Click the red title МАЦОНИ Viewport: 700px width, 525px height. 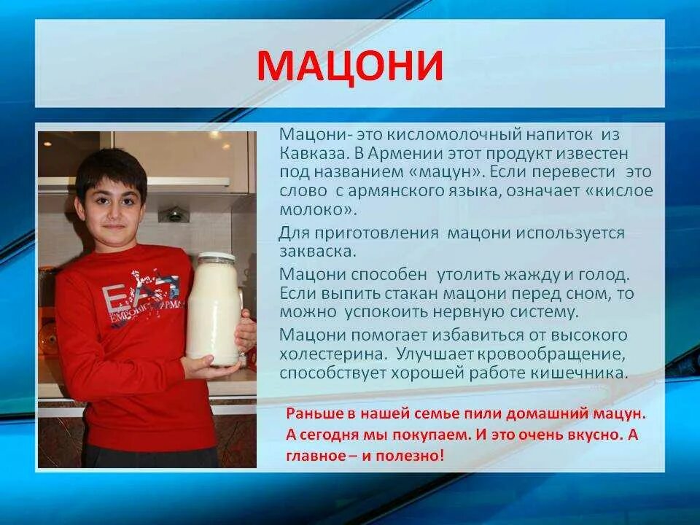350,66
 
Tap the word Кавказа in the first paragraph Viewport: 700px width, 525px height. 309,154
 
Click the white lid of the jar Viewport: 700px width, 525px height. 216,257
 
